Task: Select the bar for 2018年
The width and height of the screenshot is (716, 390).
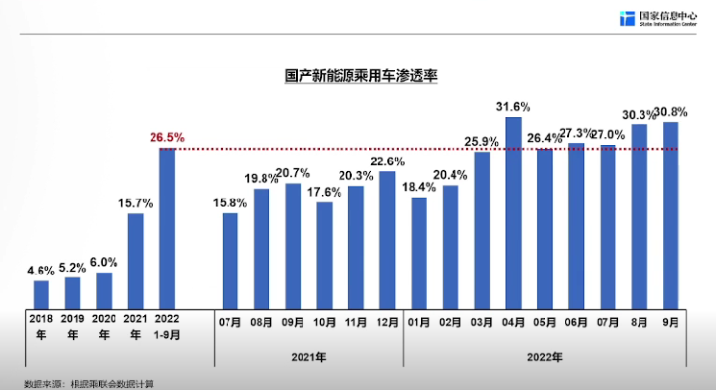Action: pos(41,292)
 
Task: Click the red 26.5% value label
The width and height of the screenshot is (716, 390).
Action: pos(167,137)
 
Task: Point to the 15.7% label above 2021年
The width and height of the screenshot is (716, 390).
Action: pos(136,203)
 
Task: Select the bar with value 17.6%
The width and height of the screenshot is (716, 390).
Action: pos(325,254)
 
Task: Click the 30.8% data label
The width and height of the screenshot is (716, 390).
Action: pos(672,111)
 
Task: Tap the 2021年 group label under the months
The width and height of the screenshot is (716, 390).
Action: pos(309,357)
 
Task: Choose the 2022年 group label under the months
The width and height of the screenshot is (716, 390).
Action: pos(544,357)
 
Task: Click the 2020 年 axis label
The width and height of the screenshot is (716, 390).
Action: pos(104,327)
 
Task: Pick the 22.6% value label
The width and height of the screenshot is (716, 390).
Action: pos(388,160)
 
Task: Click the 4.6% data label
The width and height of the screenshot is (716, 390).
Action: pos(41,271)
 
